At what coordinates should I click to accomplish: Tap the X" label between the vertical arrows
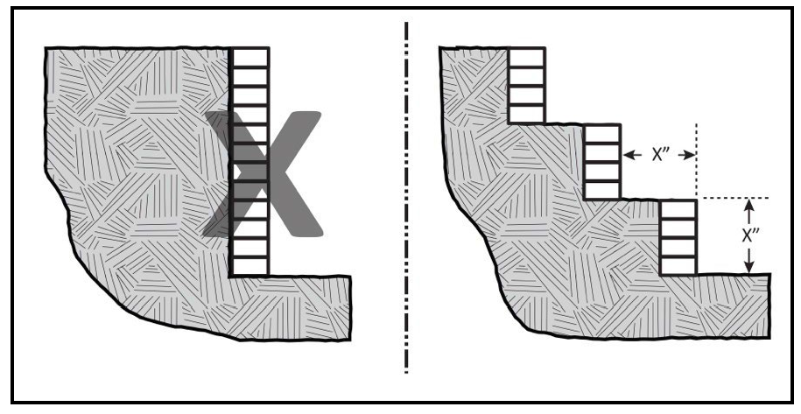748,235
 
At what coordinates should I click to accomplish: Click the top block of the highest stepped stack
526,57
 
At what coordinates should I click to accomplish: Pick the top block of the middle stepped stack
602,134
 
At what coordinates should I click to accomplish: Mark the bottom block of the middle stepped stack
602,190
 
